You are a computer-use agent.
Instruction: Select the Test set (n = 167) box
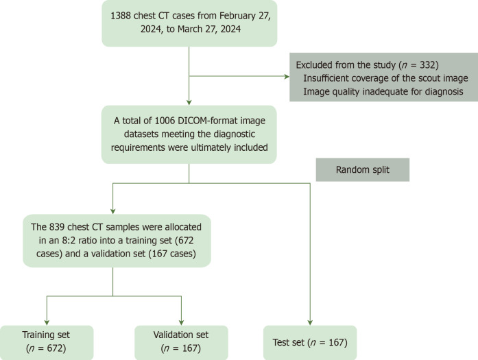pos(311,342)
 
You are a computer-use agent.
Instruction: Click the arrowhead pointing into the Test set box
pos(311,322)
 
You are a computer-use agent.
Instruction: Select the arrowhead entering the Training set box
pos(45,322)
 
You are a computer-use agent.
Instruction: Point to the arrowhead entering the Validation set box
pos(181,322)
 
